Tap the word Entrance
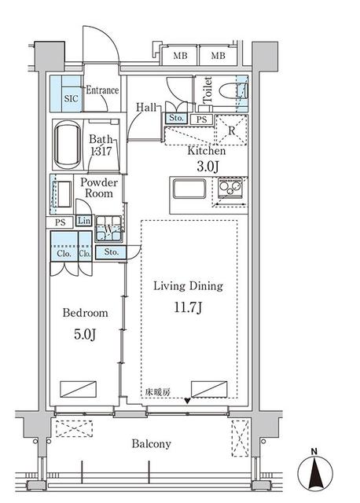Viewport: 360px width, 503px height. (102, 90)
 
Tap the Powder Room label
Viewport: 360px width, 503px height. (100, 188)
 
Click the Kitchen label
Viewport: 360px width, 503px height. (206, 151)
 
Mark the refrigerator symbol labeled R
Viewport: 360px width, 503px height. (232, 130)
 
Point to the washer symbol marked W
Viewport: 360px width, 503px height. (108, 229)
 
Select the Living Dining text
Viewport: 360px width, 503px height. (189, 286)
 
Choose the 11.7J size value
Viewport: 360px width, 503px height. (189, 307)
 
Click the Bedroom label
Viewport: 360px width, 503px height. (84, 313)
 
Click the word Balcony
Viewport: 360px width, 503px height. (151, 444)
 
